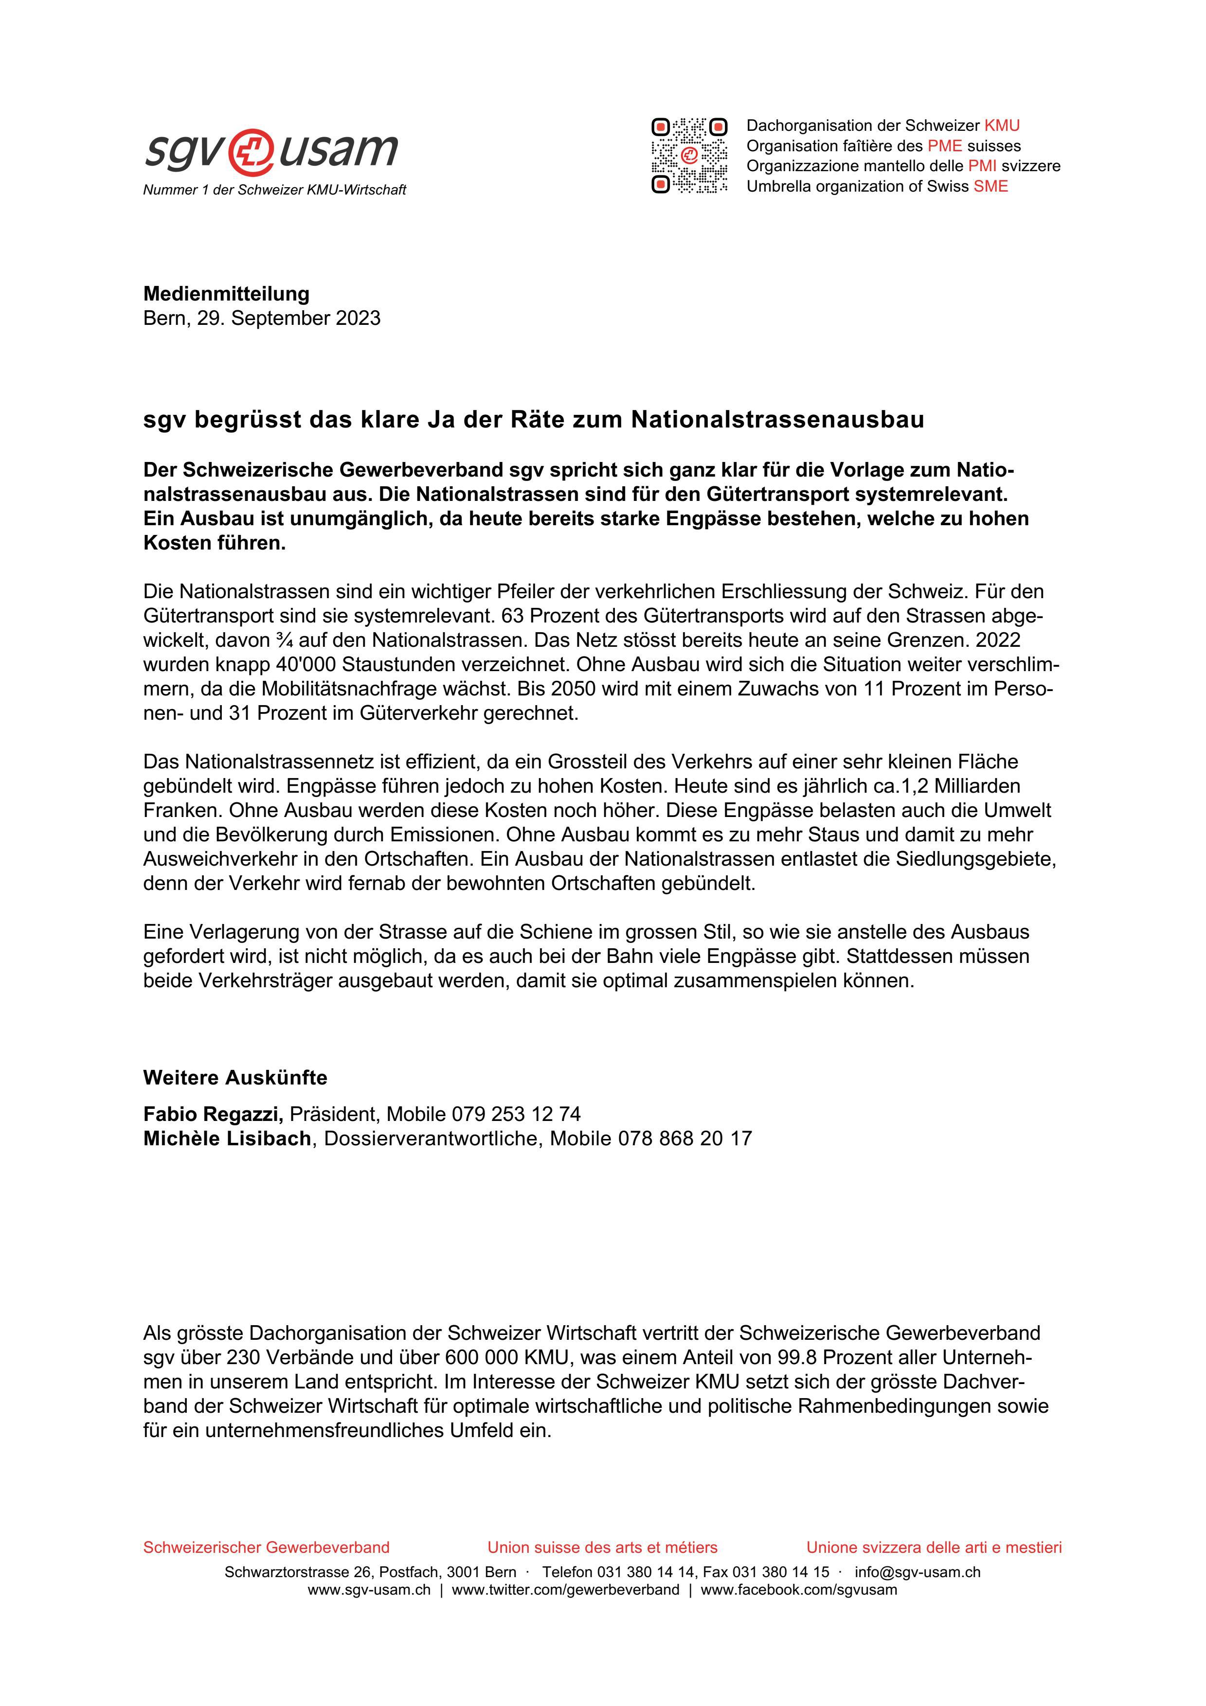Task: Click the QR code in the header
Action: click(x=689, y=155)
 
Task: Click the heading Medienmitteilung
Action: click(x=226, y=294)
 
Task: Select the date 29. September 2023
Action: click(x=288, y=318)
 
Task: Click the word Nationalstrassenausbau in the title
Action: click(x=777, y=420)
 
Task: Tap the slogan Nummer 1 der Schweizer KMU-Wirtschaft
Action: click(x=274, y=190)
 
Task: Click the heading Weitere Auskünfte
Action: click(x=235, y=1077)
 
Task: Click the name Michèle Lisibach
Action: click(x=227, y=1138)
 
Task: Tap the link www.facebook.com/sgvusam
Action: click(x=799, y=1590)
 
